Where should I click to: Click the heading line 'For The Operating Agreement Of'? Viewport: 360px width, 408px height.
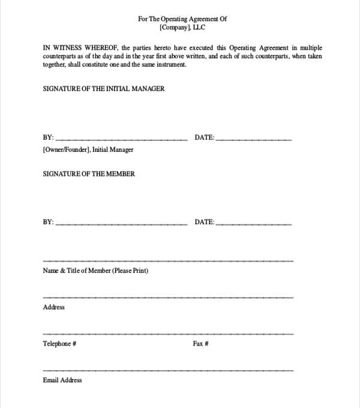[182, 19]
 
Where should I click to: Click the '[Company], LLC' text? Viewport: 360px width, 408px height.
[182, 28]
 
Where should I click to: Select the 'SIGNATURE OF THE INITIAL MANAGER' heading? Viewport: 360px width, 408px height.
[104, 89]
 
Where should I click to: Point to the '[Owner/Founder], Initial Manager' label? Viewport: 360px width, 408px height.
[88, 149]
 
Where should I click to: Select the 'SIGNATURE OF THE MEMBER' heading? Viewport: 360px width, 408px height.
[89, 174]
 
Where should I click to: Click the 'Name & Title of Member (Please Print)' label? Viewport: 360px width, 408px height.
[95, 271]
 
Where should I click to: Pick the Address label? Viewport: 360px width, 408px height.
[54, 307]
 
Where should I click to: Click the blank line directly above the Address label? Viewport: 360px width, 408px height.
[168, 297]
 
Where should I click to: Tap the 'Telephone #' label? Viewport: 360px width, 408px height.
[59, 344]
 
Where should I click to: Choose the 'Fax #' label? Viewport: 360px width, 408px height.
[200, 344]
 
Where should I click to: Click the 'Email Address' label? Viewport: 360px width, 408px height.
[62, 380]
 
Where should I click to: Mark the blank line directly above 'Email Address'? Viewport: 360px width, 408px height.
[168, 370]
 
